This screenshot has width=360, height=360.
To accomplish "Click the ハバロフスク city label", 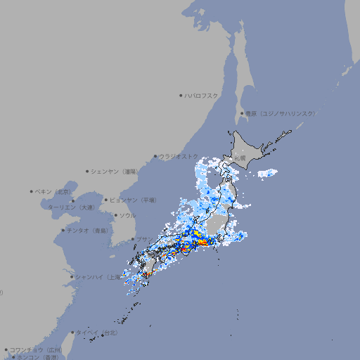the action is (202, 95).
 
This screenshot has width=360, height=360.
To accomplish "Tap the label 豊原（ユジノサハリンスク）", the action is (280, 113).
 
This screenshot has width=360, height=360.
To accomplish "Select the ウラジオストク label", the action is (178, 156).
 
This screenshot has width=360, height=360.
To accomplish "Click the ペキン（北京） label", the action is (54, 191).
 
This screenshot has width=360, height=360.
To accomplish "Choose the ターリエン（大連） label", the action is (70, 207).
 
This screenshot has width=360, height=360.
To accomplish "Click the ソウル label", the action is (127, 215).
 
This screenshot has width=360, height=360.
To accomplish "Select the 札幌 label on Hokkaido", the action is (240, 159).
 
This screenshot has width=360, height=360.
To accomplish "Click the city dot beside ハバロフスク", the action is (181, 95).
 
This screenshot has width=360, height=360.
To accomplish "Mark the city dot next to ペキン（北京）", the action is (32, 191).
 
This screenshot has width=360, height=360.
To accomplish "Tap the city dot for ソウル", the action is (115, 215).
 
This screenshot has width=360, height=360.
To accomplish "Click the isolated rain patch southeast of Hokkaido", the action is (267, 173).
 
